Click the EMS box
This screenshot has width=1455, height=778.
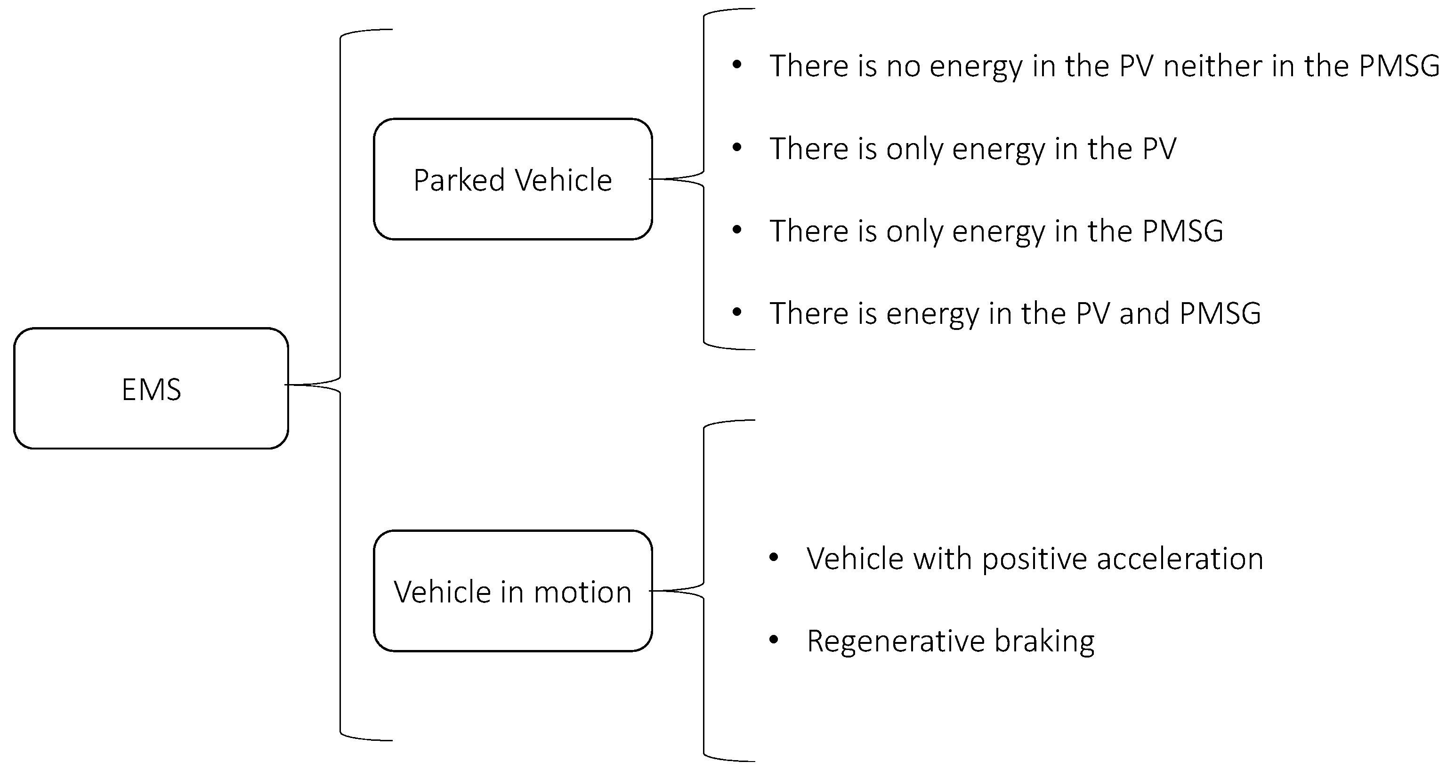point(151,388)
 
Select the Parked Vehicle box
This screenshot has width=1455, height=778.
point(512,179)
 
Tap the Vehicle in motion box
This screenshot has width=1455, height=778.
point(512,591)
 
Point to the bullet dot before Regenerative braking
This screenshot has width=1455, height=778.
point(774,640)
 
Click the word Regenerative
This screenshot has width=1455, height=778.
point(895,642)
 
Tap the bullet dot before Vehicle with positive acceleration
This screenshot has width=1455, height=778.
point(774,558)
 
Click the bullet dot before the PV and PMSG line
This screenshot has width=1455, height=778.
point(736,312)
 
